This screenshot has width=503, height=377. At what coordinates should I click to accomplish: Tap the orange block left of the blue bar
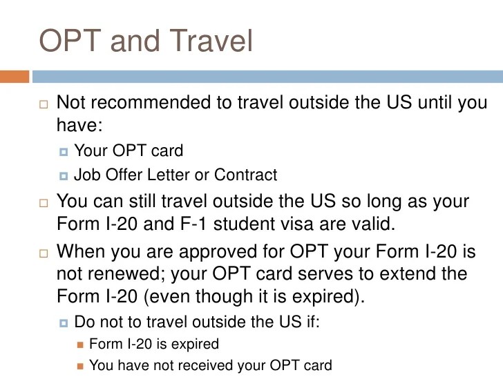(15, 75)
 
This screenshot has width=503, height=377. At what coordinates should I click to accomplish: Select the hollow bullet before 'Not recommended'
(44, 105)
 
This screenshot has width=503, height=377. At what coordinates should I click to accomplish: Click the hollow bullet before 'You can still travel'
(44, 204)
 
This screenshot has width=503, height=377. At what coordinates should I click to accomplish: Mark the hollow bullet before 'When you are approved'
(44, 253)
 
